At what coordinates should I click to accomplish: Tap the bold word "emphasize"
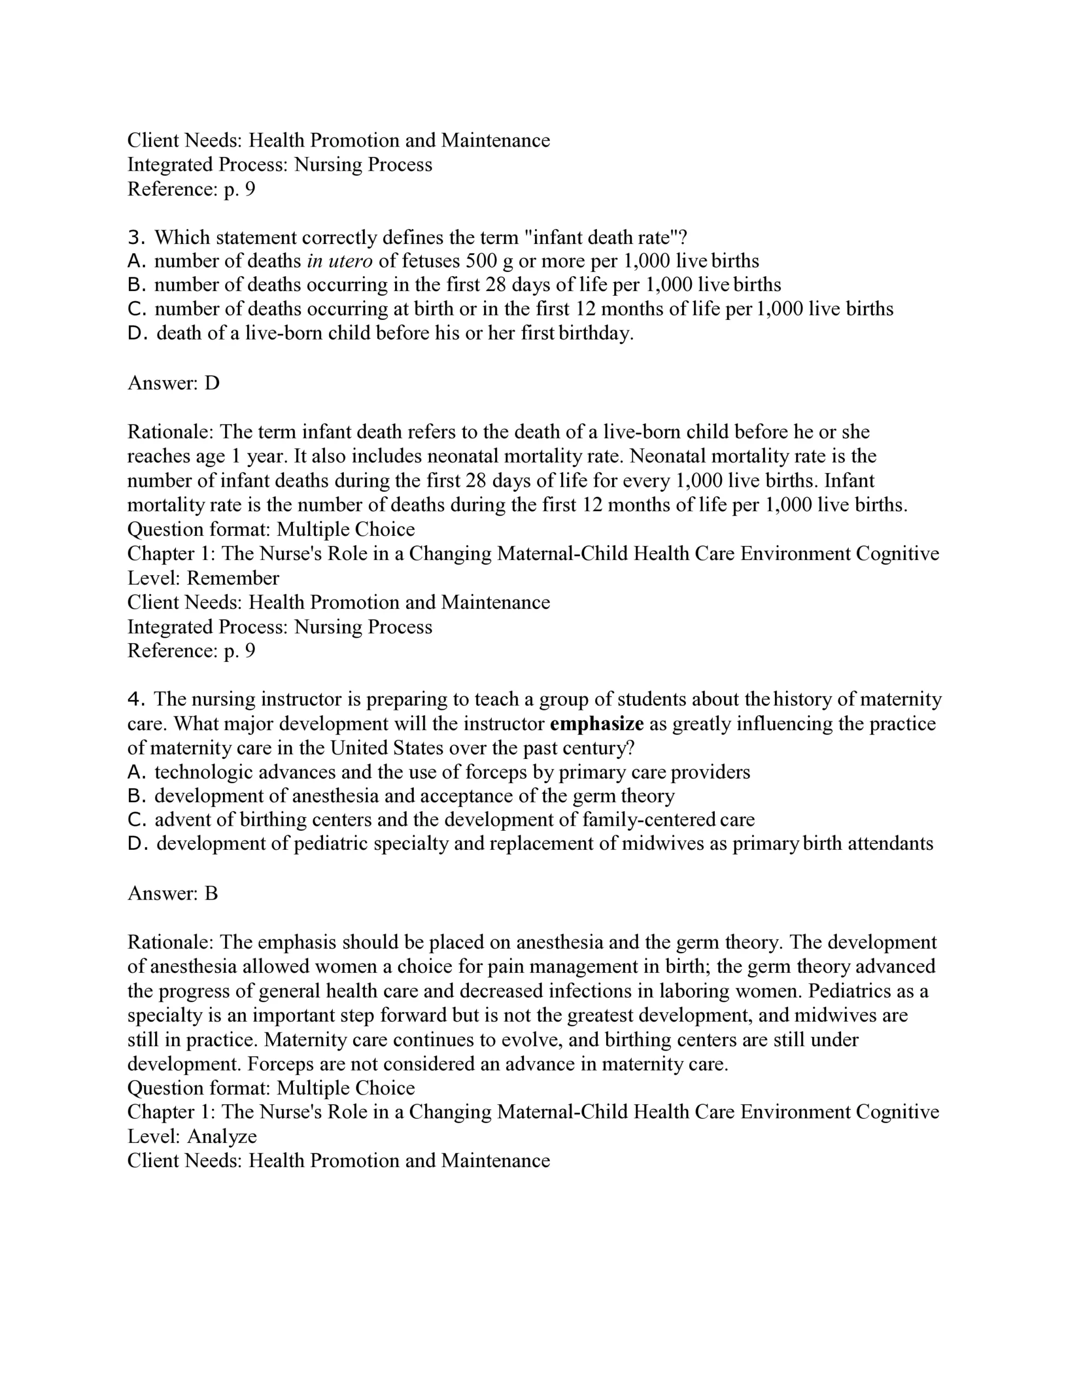(597, 724)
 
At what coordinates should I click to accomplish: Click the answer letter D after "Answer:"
(211, 383)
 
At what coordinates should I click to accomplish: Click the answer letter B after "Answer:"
(211, 893)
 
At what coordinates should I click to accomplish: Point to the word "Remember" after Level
(233, 578)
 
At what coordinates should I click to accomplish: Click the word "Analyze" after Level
(222, 1136)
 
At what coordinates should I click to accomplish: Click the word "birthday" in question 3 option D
(595, 334)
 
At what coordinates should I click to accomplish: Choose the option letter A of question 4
(136, 772)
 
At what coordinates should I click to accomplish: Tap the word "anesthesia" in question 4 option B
(335, 796)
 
